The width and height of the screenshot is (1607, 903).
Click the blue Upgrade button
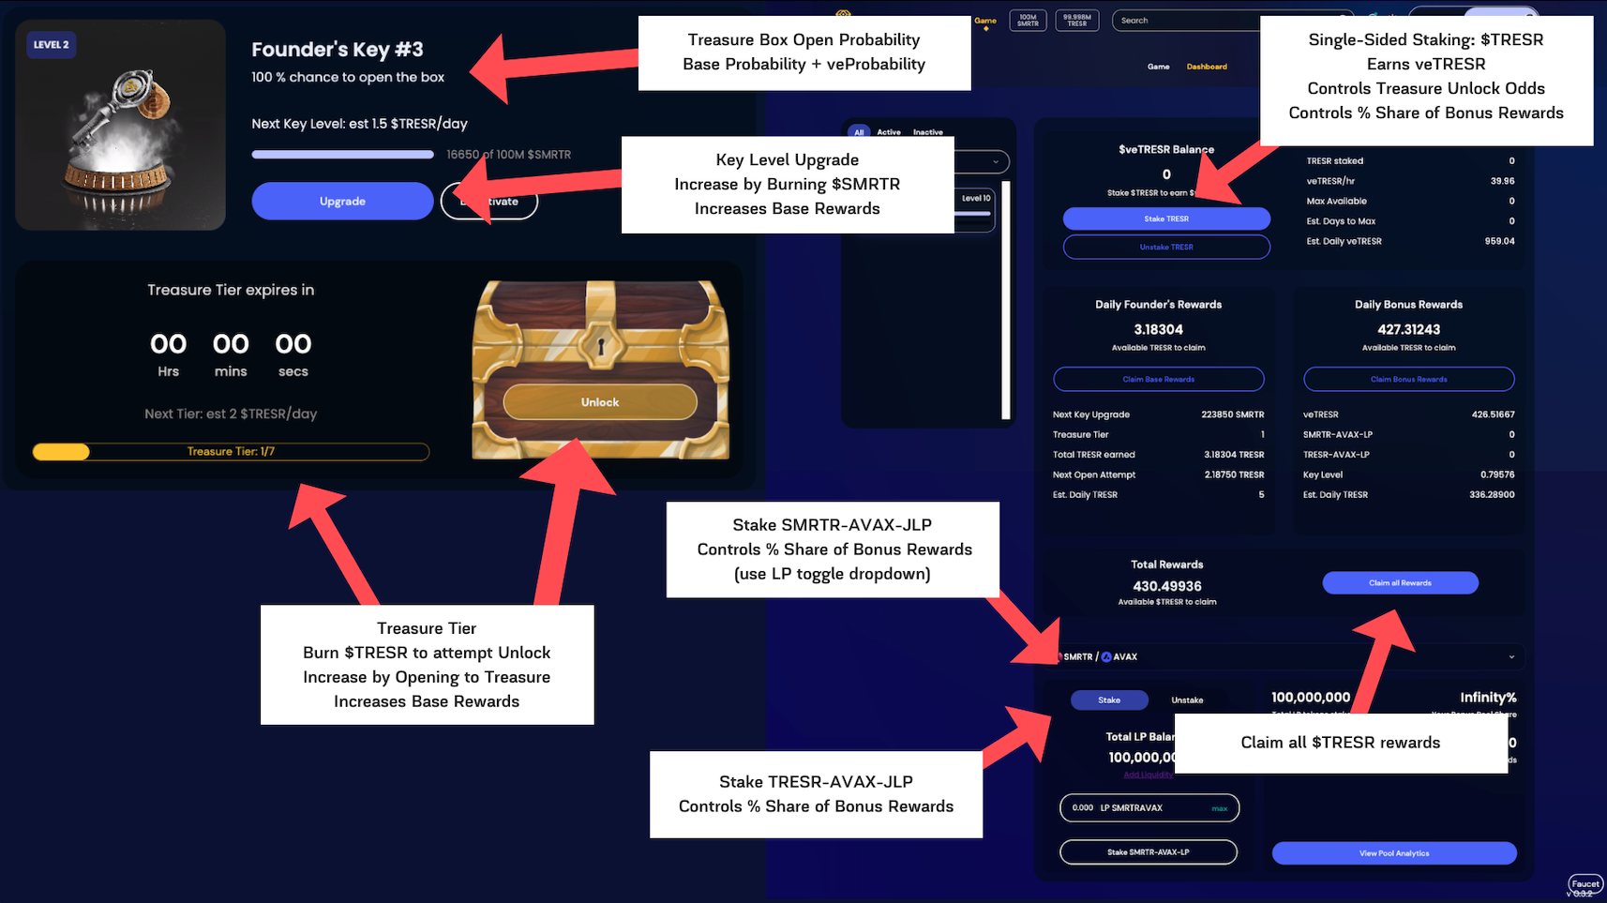click(342, 201)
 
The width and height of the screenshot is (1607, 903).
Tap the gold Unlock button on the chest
click(600, 402)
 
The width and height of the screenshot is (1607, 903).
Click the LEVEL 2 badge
click(51, 44)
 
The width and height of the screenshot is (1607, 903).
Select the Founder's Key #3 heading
click(338, 50)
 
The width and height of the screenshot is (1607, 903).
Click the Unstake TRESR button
click(1166, 247)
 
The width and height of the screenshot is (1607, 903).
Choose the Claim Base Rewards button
click(1158, 379)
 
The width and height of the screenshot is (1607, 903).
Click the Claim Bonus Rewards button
click(1408, 379)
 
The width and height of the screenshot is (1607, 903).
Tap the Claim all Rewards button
click(1400, 583)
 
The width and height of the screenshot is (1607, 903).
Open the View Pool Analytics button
click(1394, 853)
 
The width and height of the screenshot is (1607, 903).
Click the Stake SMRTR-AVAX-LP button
click(1148, 852)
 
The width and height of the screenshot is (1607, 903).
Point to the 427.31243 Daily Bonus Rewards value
click(1408, 329)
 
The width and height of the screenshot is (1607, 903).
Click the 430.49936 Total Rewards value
click(1166, 586)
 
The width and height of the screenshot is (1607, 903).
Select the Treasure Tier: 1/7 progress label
click(231, 452)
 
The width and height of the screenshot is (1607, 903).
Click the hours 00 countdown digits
click(169, 344)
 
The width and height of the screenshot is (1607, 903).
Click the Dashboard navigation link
click(1207, 67)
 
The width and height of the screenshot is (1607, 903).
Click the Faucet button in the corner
click(1585, 883)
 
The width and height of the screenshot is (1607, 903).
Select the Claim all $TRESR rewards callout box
click(1340, 743)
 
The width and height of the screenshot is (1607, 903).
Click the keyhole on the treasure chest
click(601, 346)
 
